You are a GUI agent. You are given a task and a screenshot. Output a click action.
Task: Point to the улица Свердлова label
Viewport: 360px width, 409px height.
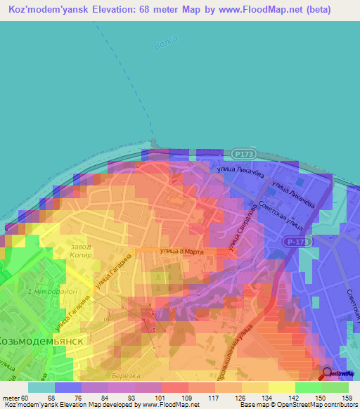pos(241,229)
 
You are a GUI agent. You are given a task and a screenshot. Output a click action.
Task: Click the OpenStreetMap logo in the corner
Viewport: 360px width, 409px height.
pos(339,373)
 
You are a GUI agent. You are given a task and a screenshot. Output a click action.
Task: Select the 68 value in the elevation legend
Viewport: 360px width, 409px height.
pos(51,397)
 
